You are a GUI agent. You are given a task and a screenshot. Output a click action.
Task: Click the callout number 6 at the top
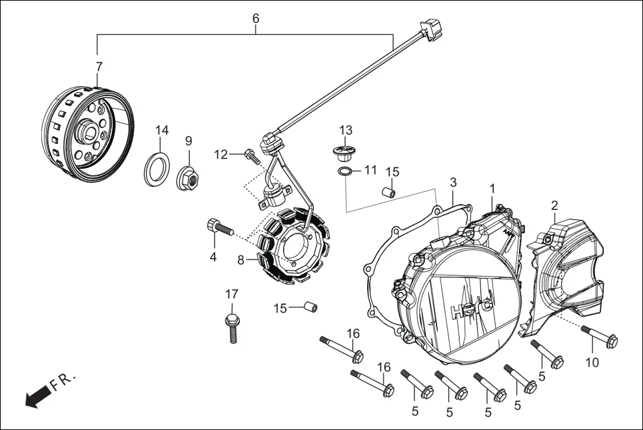click(255, 18)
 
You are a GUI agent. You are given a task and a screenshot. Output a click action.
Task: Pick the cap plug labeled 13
click(345, 152)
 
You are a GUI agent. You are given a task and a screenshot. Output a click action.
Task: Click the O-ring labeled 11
click(344, 173)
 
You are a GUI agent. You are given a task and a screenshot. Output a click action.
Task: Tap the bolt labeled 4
click(221, 229)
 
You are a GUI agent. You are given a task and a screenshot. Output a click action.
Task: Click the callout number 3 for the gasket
click(453, 182)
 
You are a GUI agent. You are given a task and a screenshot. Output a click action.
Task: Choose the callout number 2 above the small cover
click(554, 205)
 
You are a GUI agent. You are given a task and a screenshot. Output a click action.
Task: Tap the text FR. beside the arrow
click(65, 381)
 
